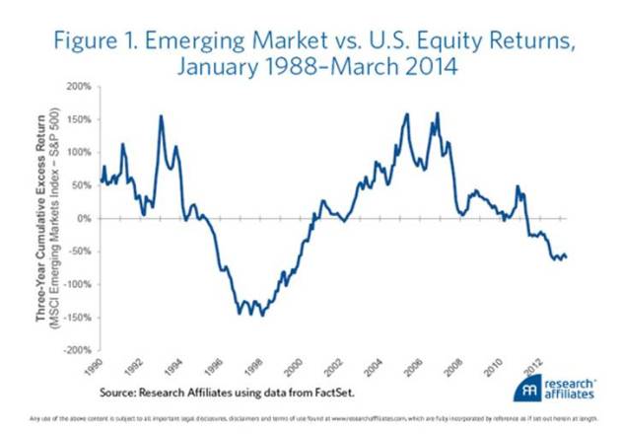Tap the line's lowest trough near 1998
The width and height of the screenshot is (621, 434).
(261, 315)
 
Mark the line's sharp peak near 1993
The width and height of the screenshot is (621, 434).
(161, 116)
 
